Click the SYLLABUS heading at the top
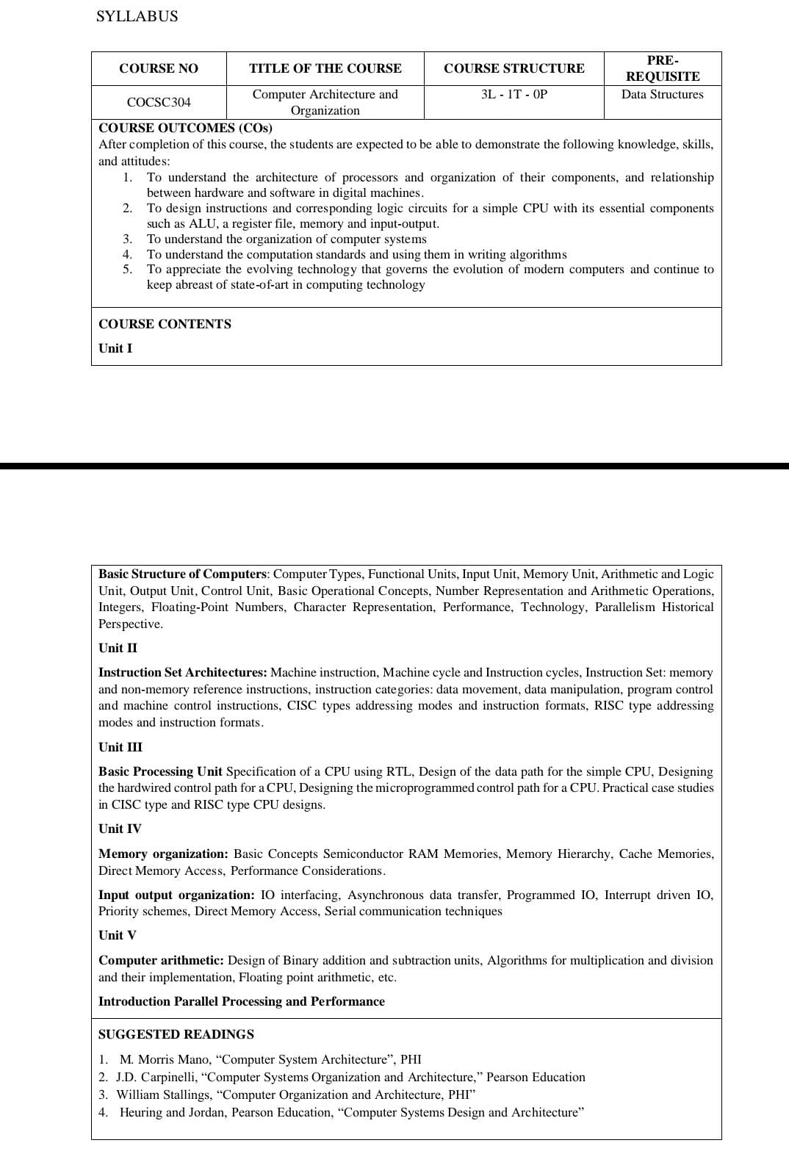click(137, 16)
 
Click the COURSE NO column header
click(159, 68)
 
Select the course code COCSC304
click(159, 102)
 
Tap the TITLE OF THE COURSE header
click(325, 68)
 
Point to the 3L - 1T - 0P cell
click(514, 94)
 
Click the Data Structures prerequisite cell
click(662, 94)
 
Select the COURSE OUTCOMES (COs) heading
click(185, 128)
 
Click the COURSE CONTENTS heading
click(165, 324)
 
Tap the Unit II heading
click(118, 648)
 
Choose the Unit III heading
click(120, 747)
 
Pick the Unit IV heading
click(120, 829)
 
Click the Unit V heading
click(117, 935)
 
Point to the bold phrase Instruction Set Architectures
click(183, 672)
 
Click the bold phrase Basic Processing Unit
click(160, 771)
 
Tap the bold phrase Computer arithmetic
click(161, 960)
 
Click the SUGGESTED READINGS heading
click(176, 1034)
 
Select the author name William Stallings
click(164, 1095)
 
